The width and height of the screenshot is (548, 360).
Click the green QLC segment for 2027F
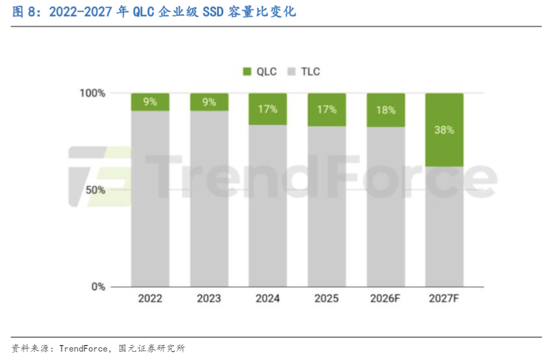(444, 129)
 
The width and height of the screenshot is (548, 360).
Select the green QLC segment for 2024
(268, 109)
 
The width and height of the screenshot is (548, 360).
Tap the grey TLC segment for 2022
(150, 199)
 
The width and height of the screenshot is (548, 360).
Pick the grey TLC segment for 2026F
(386, 207)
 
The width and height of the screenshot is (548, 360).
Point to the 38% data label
(444, 130)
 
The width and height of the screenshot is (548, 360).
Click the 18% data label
(386, 110)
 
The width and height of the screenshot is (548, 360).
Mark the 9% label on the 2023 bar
(209, 102)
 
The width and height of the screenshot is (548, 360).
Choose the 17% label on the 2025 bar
(327, 109)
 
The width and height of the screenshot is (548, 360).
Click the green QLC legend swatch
(247, 72)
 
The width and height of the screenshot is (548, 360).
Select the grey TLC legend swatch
(291, 72)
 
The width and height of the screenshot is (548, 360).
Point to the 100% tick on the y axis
(93, 93)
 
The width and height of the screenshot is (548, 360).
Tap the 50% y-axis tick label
(96, 190)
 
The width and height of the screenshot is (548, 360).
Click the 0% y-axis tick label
(98, 287)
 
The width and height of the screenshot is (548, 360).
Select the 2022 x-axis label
(150, 298)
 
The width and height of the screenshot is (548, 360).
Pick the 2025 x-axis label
(326, 298)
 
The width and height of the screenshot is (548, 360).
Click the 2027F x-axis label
(444, 298)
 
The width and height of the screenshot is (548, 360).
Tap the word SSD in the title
(213, 12)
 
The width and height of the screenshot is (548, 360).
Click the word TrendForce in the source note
(83, 348)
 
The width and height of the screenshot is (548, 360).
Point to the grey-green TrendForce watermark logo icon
(101, 177)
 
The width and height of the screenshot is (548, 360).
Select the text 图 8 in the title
(24, 12)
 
